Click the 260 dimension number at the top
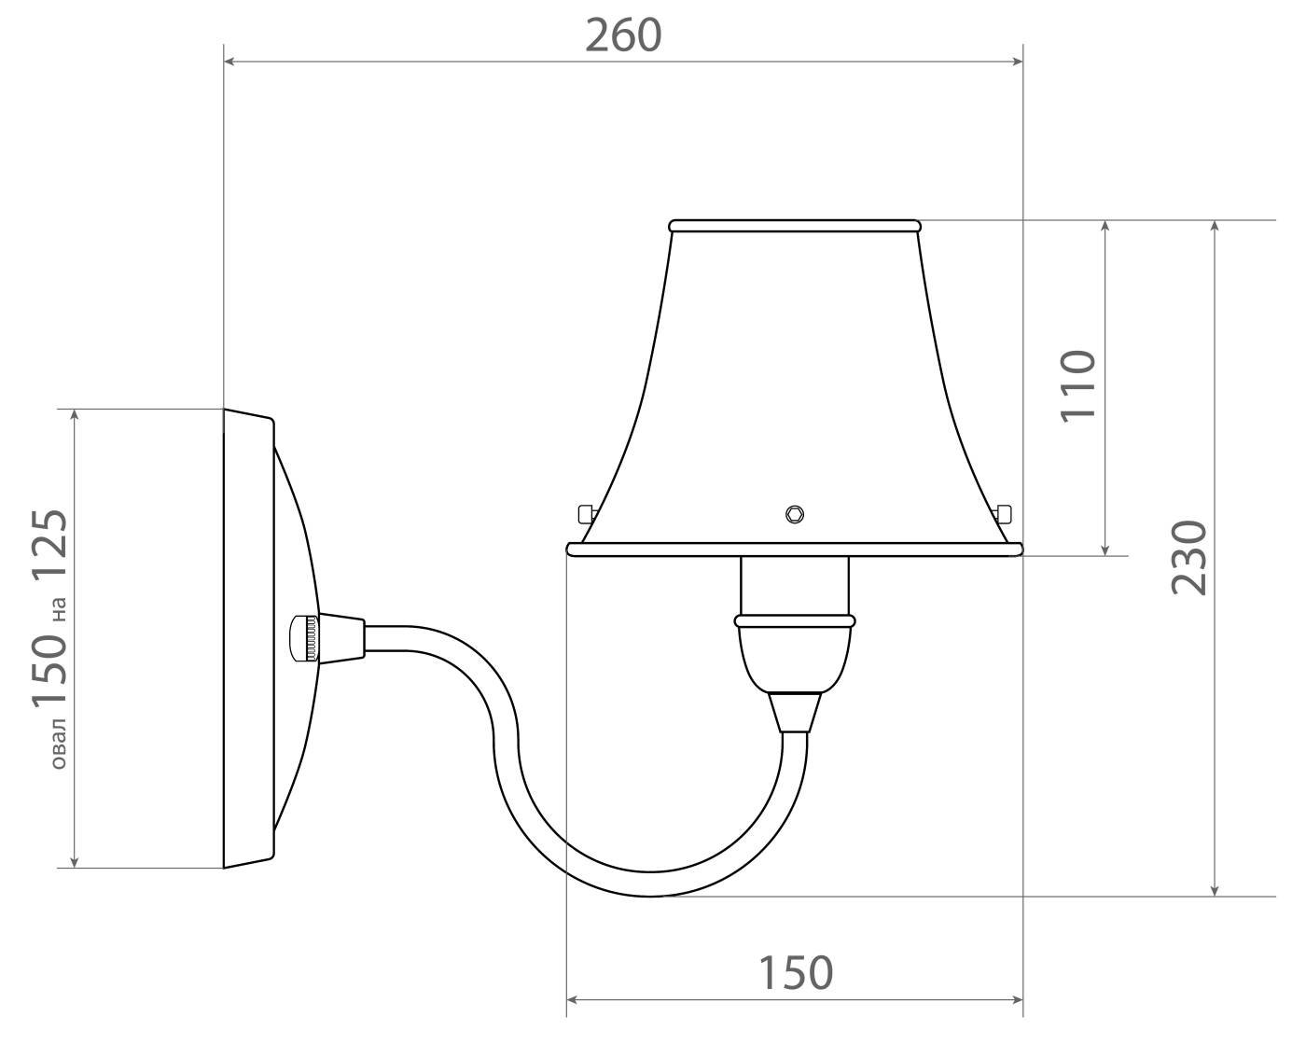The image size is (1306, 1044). (x=623, y=35)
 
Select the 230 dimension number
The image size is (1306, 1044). (x=1189, y=558)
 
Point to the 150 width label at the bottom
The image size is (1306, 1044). (x=794, y=973)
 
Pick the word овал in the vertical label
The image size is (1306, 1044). (x=57, y=743)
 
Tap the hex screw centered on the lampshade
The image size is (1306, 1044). (x=794, y=513)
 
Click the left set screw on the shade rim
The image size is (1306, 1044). (x=586, y=514)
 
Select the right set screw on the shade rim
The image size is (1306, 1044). (x=1004, y=514)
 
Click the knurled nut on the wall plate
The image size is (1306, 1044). (x=303, y=639)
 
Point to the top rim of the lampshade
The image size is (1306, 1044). (x=795, y=226)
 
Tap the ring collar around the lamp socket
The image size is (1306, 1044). (x=795, y=620)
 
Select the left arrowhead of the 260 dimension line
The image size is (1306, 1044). (x=230, y=62)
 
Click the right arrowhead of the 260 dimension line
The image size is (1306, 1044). (x=1018, y=62)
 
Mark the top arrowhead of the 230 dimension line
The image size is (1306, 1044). (x=1215, y=227)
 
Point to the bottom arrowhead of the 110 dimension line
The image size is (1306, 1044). (x=1105, y=550)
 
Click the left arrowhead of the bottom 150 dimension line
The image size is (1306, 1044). (x=574, y=1000)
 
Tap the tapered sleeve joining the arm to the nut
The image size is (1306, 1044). (x=341, y=639)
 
